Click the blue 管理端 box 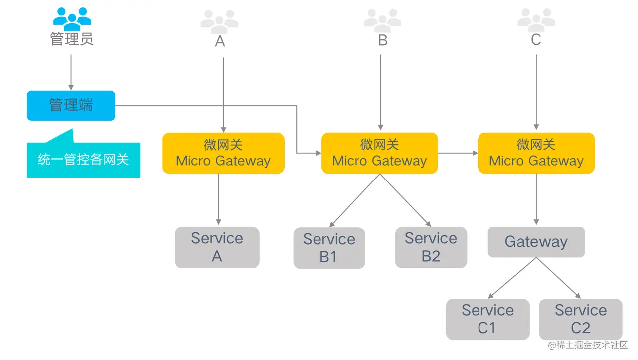click(71, 105)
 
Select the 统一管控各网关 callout click(83, 160)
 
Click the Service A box click(217, 247)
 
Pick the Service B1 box click(329, 248)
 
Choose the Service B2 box click(431, 247)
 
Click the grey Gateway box click(536, 242)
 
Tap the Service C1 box click(487, 319)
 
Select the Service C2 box click(581, 319)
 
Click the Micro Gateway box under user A click(223, 153)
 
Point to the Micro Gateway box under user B click(379, 153)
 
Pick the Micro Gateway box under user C click(536, 153)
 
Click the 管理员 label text click(72, 39)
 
